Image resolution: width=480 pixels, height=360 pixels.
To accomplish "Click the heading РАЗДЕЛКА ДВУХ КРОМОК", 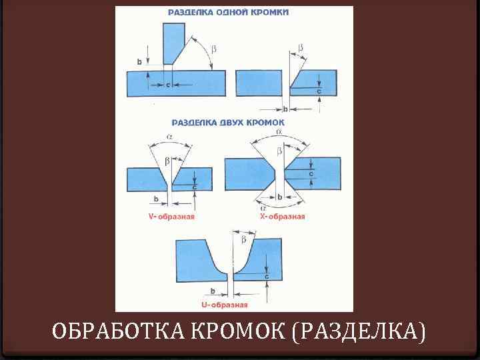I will point(228,123).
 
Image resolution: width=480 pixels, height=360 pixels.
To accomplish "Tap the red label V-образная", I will point(171,216).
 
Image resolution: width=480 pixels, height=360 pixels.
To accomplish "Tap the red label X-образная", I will point(282,216).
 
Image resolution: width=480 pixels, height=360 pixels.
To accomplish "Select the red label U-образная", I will point(224,305).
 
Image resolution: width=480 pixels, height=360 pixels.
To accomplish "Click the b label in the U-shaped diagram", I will point(212,291).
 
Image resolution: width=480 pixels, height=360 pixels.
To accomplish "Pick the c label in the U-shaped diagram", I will point(267,275).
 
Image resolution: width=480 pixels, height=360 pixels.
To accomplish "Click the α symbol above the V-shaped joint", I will point(169,137).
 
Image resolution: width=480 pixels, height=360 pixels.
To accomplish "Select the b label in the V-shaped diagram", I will point(156,198).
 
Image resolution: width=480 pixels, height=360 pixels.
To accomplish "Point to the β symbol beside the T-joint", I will point(214,48).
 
